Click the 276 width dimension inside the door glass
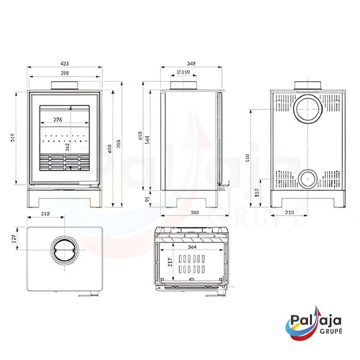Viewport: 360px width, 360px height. coord(58,120)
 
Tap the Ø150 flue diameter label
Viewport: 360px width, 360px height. coord(184,72)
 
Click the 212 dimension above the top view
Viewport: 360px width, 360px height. coord(45,214)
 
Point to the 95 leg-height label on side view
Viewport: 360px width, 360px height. coord(147,199)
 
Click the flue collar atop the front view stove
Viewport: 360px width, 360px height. coord(64,85)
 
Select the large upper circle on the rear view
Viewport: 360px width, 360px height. coord(308,109)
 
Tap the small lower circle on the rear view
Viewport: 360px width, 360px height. coord(307,179)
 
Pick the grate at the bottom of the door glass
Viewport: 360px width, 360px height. coord(64,162)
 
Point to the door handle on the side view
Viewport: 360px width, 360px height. coord(225,185)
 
